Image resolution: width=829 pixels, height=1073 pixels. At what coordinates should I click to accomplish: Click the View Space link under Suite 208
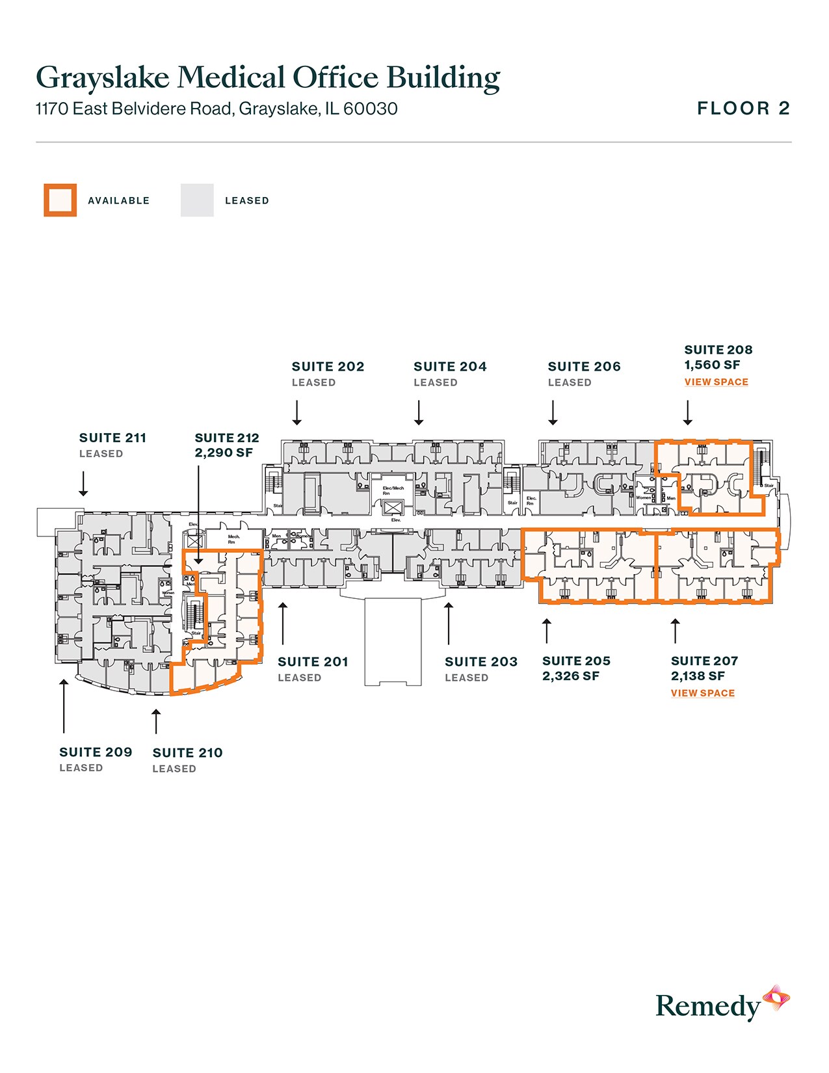click(x=716, y=382)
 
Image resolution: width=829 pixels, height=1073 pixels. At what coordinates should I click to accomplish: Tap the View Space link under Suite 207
click(x=702, y=693)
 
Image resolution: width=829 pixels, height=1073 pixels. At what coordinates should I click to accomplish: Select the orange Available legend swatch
click(x=60, y=200)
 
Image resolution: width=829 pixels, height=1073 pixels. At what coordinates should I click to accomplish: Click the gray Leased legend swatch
click(x=197, y=200)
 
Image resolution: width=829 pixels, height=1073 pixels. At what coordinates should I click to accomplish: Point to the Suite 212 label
click(x=226, y=438)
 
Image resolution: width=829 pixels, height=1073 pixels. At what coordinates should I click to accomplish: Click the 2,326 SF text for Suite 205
click(x=570, y=676)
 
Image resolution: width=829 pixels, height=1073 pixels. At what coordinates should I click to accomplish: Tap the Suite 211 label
click(x=112, y=438)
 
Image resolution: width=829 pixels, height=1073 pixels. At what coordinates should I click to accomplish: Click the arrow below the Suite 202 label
click(x=296, y=412)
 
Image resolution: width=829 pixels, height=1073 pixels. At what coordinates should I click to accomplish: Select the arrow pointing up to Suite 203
click(x=448, y=623)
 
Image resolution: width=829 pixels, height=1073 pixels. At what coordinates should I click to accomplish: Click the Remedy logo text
click(x=707, y=1006)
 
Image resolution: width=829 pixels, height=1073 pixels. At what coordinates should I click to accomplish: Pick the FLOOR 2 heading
click(x=743, y=109)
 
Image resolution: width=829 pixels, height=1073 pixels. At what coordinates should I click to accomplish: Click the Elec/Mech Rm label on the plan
click(x=393, y=490)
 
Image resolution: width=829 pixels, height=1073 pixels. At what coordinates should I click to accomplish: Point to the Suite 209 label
click(x=96, y=752)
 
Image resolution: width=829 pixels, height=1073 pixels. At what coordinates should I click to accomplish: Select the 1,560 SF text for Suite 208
click(x=712, y=365)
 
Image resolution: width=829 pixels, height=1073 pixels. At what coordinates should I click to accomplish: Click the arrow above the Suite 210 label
click(x=155, y=721)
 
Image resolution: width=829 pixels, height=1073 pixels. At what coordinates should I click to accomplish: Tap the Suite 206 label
click(x=584, y=366)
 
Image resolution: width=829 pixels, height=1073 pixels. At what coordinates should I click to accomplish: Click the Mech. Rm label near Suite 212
click(x=233, y=539)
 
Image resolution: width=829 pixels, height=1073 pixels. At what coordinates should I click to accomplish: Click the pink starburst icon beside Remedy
click(x=776, y=998)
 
